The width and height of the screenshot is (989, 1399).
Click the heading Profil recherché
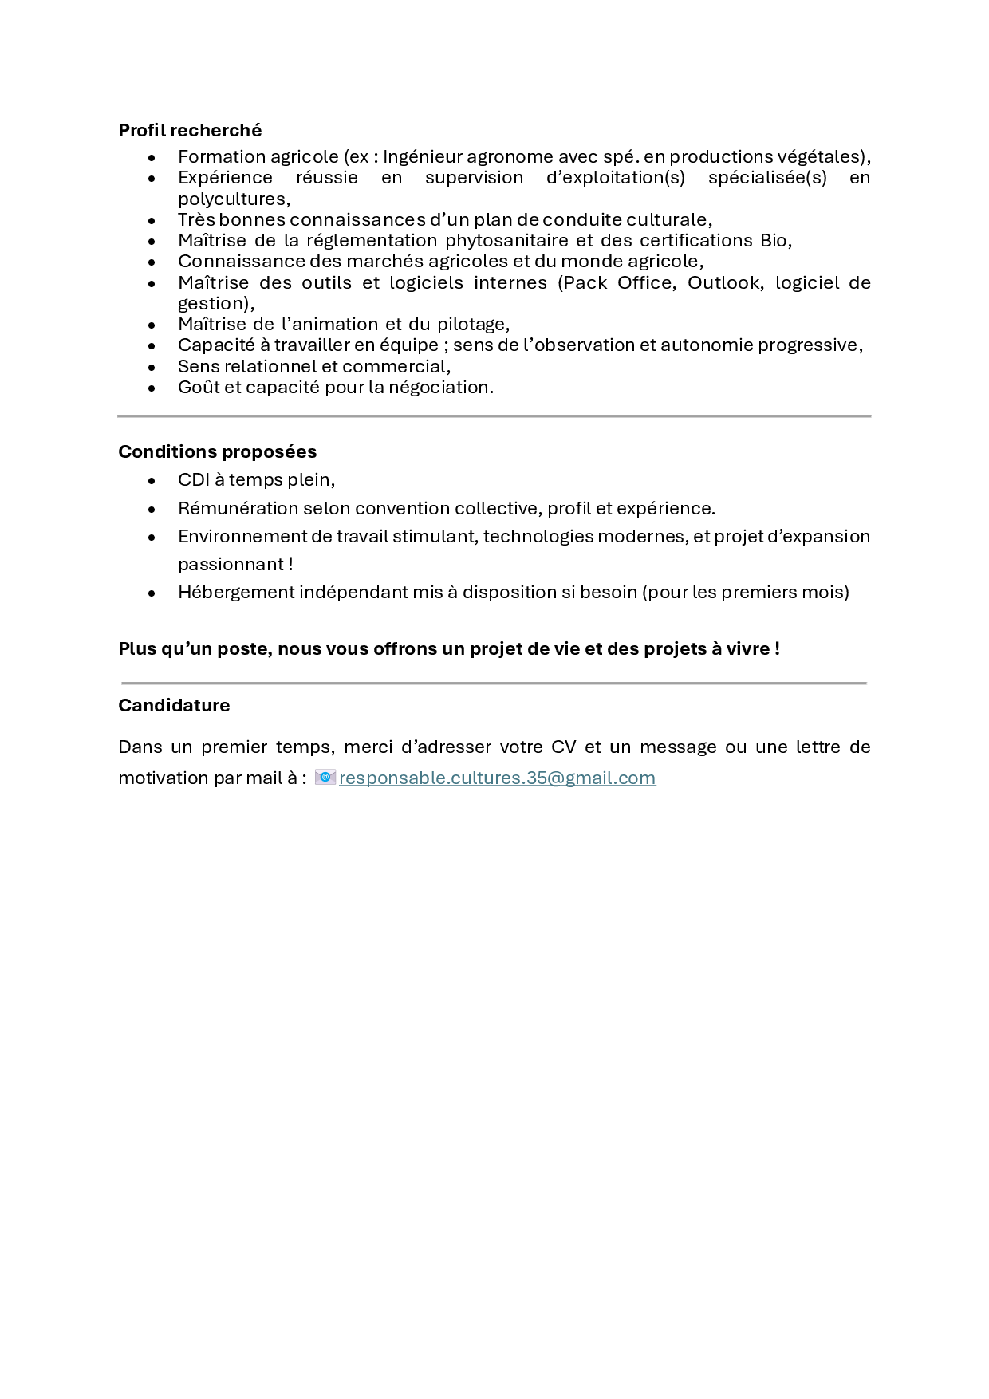tap(190, 130)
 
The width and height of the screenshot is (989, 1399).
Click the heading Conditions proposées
tap(217, 451)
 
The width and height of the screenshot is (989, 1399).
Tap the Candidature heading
tap(174, 705)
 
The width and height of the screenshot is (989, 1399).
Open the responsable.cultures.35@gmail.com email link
tap(497, 778)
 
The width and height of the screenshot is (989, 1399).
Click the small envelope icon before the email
tap(325, 777)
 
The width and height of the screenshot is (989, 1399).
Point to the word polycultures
tap(232, 199)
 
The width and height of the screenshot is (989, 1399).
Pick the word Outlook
tap(723, 282)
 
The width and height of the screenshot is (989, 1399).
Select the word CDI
tap(194, 479)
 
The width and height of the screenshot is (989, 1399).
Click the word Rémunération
tap(238, 508)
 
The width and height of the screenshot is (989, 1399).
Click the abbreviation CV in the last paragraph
tap(563, 747)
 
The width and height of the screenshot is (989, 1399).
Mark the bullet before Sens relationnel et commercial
tap(152, 367)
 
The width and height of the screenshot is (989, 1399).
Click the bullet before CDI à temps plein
tap(152, 480)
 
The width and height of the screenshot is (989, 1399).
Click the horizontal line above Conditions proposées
tap(494, 416)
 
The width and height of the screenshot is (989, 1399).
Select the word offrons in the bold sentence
tap(405, 648)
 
